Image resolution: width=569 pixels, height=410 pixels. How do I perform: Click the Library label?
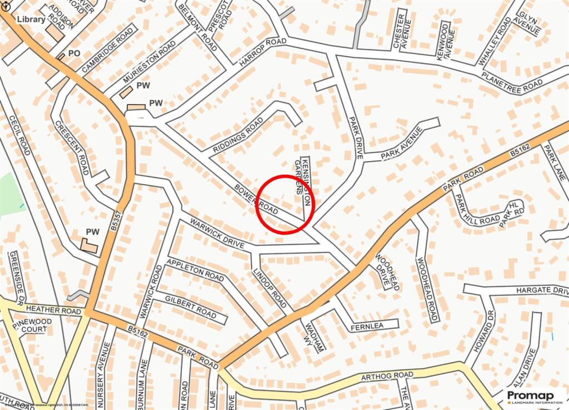coord(31,19)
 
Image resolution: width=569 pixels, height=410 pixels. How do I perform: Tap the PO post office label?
coord(74,53)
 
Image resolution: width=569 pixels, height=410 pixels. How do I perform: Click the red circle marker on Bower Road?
coord(286,204)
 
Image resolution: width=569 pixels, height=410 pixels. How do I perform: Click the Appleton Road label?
coord(196,270)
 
